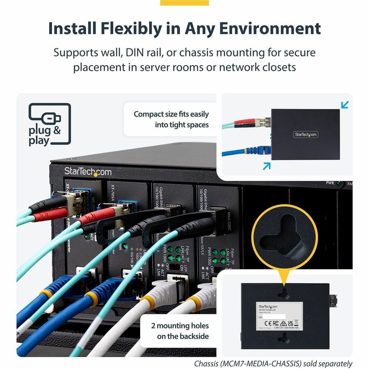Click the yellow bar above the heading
point(184,3)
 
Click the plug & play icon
point(50,124)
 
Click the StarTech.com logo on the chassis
point(88,171)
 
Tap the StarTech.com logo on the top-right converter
point(305,134)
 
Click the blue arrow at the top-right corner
point(345,105)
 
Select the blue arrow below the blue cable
point(267,166)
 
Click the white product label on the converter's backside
point(280,317)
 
